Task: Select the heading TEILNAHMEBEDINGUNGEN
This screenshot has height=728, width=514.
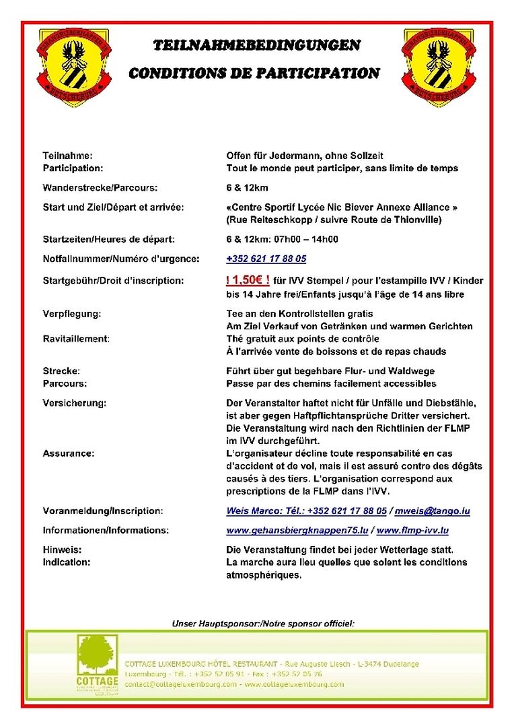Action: click(256, 46)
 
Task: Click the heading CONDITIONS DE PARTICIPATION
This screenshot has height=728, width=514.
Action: click(254, 73)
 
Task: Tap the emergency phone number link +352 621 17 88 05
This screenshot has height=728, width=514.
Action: click(266, 259)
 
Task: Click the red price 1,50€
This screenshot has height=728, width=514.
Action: click(248, 280)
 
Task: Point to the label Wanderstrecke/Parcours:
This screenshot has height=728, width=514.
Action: click(100, 187)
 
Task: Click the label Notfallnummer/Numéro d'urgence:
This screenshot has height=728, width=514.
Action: click(112, 259)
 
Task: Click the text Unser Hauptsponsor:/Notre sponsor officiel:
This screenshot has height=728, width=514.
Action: click(263, 624)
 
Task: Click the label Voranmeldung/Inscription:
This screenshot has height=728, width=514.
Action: click(103, 511)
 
